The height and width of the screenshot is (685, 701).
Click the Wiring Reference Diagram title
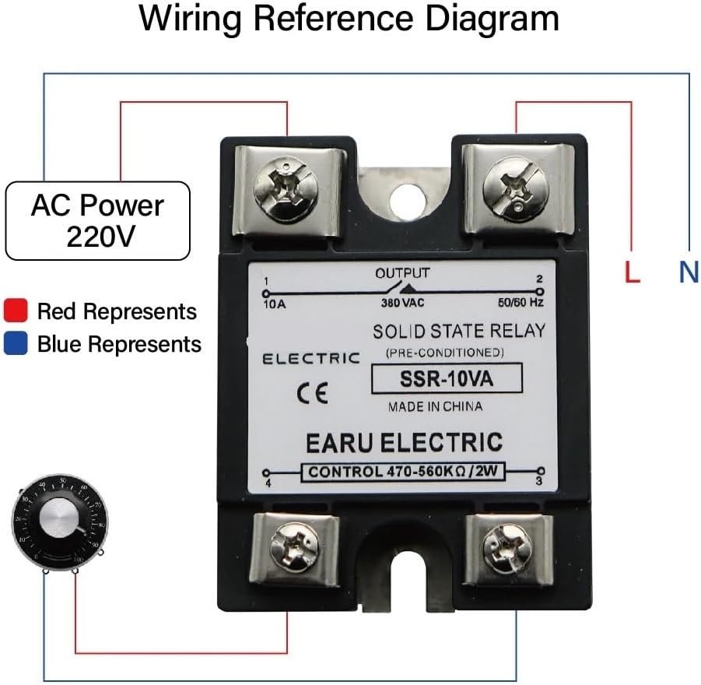click(x=349, y=19)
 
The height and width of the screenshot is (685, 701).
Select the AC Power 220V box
click(x=97, y=220)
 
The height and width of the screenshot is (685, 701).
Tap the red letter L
click(x=633, y=272)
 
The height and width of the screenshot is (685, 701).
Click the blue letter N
click(x=689, y=272)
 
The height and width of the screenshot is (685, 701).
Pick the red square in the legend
click(x=16, y=311)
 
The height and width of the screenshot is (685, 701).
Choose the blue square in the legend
click(x=16, y=343)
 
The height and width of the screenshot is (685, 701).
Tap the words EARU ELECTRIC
click(x=404, y=442)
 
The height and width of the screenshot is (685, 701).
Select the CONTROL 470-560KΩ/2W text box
click(x=404, y=471)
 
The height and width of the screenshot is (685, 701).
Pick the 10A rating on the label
click(x=275, y=304)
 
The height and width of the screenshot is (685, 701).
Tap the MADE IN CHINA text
click(x=435, y=406)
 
